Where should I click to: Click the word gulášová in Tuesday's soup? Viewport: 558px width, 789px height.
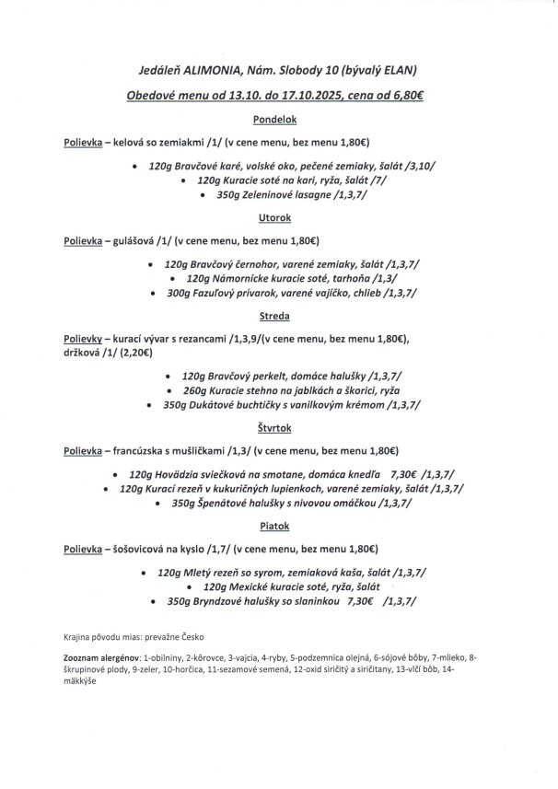pos(134,243)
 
